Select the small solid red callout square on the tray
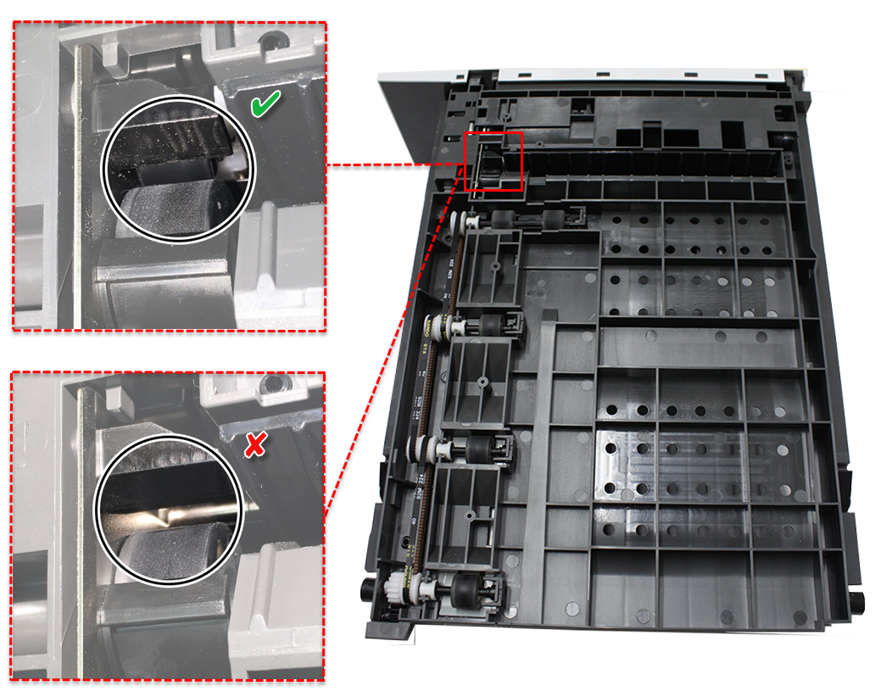[x=494, y=162]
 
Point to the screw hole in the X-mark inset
[x=270, y=386]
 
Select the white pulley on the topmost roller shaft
[x=468, y=222]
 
